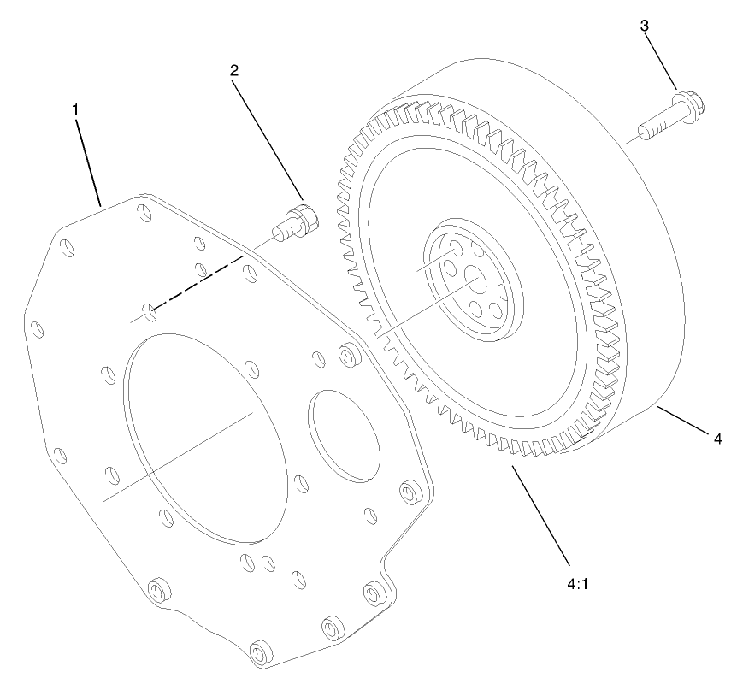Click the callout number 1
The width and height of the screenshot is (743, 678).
click(75, 109)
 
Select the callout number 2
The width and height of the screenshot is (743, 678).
click(233, 71)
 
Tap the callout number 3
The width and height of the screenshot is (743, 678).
click(644, 26)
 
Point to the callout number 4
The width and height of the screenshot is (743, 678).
click(718, 439)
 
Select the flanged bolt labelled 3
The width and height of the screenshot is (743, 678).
click(672, 119)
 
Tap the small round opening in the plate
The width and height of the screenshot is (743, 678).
click(345, 432)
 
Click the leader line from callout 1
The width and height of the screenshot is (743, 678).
click(88, 163)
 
